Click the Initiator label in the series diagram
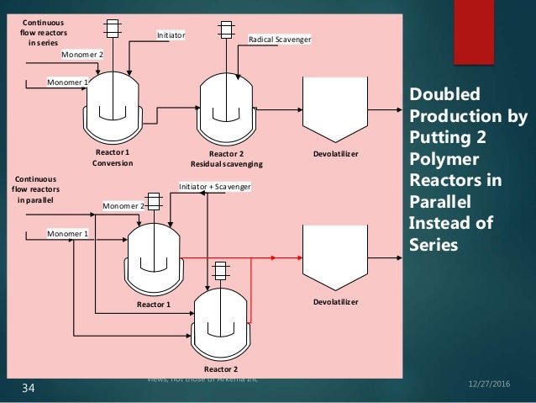171,35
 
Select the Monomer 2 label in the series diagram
81,54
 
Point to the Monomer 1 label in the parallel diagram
66,233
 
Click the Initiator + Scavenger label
215,185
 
